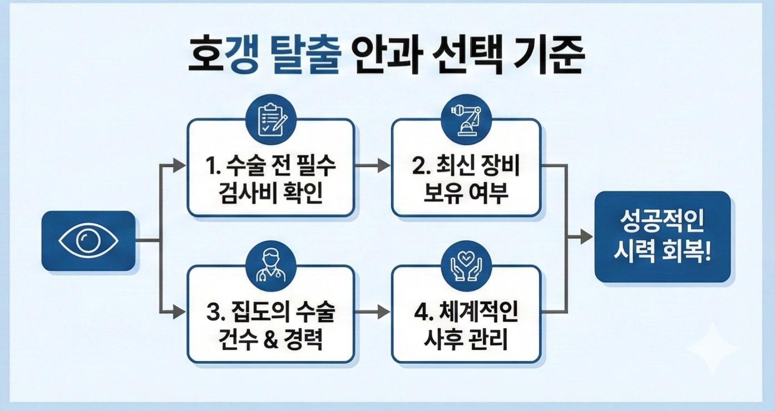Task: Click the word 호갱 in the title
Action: [x=223, y=57]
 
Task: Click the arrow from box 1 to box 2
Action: [x=373, y=165]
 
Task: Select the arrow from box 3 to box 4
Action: [x=373, y=313]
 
